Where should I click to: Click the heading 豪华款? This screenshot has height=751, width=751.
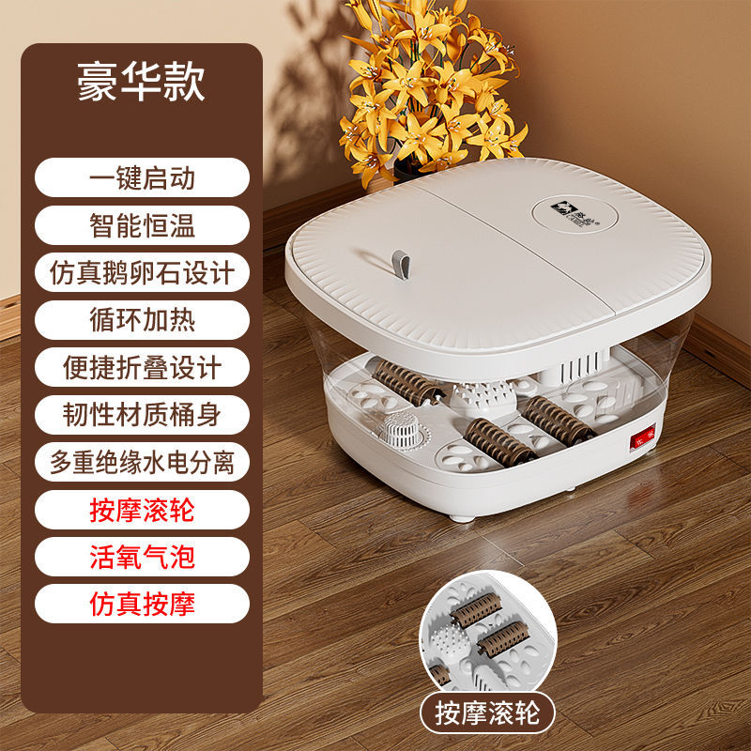pos(142,82)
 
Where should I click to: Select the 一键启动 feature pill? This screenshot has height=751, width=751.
pos(142,177)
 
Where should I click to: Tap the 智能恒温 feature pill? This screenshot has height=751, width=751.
pos(142,224)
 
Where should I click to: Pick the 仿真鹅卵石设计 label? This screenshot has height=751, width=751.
pos(142,272)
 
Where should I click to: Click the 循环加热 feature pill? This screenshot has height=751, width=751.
pos(142,319)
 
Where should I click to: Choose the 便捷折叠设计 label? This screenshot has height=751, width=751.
pos(142,367)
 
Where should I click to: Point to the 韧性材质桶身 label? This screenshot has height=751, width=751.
pos(142,414)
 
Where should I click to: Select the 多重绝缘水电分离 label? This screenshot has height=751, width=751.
pos(142,462)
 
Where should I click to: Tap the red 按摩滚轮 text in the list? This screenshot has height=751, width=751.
pos(142,510)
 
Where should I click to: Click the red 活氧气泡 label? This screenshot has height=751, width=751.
pos(142,557)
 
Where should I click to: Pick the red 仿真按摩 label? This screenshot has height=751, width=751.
pos(142,604)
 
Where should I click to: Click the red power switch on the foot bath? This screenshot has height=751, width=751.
pos(642,437)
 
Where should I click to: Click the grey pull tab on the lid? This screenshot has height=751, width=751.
pos(402,264)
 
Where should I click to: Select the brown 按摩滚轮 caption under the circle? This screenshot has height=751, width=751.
pos(487,713)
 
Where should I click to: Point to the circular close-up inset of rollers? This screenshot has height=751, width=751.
pos(487,632)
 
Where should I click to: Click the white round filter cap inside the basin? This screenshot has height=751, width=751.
pos(403,431)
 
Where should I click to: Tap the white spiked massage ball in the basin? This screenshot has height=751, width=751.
pos(483,398)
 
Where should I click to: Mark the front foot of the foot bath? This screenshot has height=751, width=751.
pos(461,518)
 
